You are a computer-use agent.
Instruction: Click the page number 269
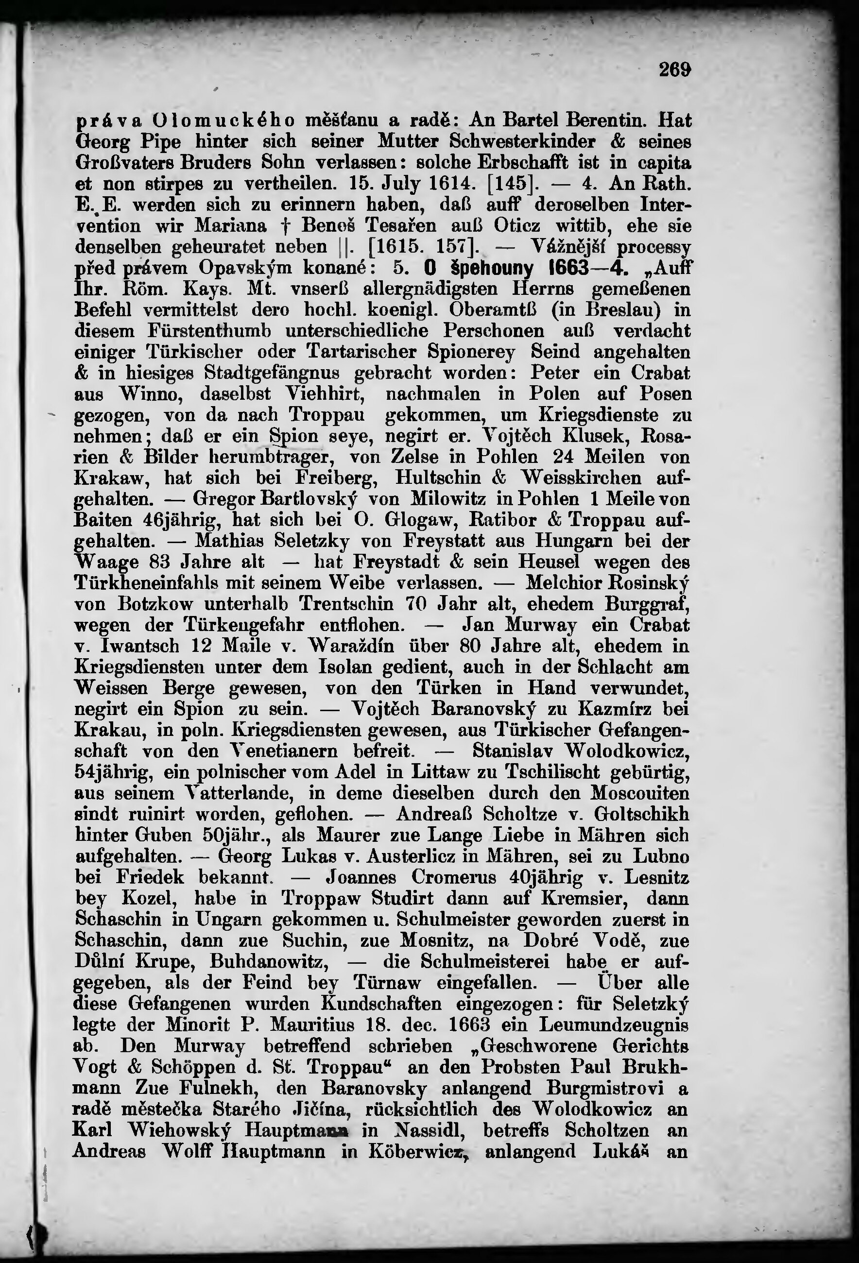pos(675,69)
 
